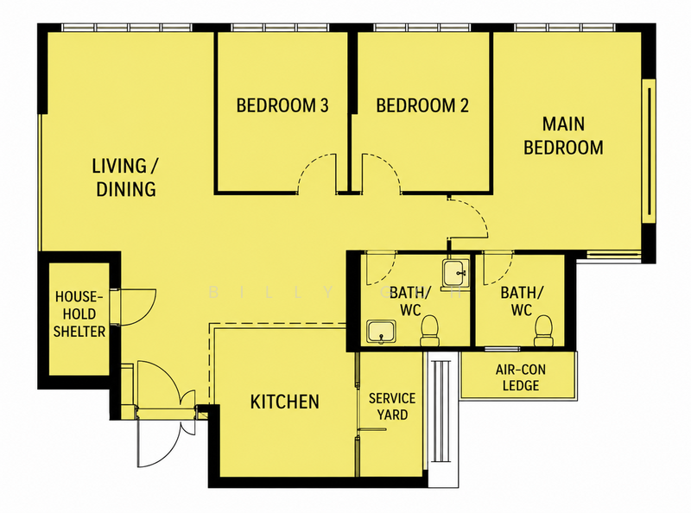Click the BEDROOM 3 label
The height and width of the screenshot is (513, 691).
click(282, 105)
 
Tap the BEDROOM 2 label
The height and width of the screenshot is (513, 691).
click(422, 105)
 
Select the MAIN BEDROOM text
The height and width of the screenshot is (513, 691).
click(563, 136)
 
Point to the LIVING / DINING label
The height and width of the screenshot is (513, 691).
click(125, 177)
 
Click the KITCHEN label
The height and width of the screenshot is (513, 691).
click(285, 402)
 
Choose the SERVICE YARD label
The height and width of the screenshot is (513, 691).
click(392, 407)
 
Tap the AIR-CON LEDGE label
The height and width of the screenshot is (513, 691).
click(521, 377)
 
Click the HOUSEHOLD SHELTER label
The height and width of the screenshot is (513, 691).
click(79, 313)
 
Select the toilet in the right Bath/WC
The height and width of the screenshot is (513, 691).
click(543, 331)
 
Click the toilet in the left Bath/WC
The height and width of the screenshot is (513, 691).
click(429, 331)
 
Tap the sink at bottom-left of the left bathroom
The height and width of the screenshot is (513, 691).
click(382, 332)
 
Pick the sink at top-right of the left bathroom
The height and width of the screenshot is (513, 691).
click(456, 272)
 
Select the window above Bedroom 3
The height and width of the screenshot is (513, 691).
click(280, 28)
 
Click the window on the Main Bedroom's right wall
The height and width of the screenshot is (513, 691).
click(650, 151)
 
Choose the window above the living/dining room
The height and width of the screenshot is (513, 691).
click(127, 28)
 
